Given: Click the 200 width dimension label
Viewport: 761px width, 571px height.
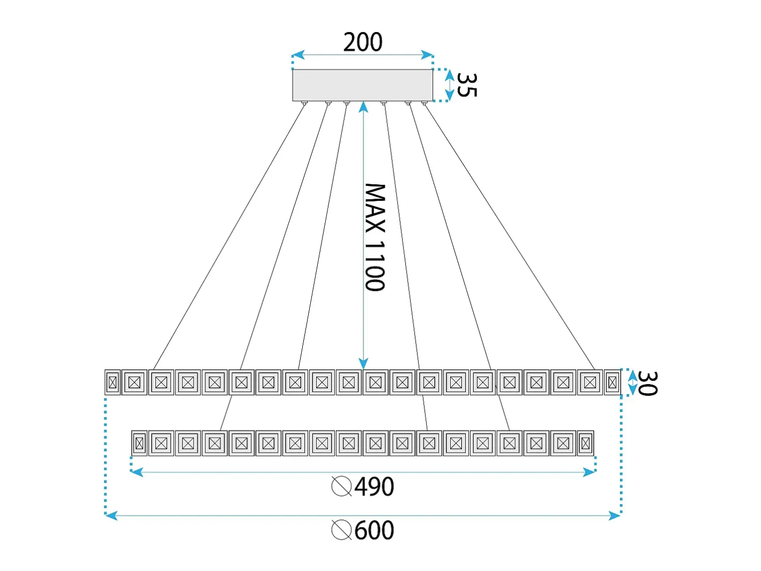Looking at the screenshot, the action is point(363,42).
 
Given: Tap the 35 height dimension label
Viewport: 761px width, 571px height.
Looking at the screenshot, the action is point(467,85).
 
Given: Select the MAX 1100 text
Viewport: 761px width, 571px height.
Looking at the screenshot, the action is point(375,237).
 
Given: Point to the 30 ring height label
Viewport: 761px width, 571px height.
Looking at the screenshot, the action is point(647,383).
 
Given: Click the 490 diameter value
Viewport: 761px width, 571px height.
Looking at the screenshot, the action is point(374,486).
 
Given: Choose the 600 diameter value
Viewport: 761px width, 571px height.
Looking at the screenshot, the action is point(374,530).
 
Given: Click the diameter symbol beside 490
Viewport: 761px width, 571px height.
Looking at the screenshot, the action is point(341,486).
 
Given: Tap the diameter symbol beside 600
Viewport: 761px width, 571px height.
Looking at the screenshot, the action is point(341,530).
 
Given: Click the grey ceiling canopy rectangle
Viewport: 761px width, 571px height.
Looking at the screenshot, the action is point(362,85).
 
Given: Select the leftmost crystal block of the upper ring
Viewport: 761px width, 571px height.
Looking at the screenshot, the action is point(113,382).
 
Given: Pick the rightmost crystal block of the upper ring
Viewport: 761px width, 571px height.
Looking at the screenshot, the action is point(612,382).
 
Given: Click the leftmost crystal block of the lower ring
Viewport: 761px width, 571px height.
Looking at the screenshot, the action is point(139,443).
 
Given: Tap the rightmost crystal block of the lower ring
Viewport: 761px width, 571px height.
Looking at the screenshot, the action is point(586,443).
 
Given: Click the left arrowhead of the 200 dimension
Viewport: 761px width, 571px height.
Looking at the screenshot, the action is point(298,55).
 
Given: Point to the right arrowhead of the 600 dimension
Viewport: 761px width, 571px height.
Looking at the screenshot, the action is point(614,516).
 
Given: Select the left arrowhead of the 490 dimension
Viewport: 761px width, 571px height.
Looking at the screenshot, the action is point(137,472).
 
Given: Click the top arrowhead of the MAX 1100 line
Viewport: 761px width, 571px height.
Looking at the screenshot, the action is point(363,108).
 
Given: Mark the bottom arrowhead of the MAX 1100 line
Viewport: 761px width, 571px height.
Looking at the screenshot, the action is point(363,364).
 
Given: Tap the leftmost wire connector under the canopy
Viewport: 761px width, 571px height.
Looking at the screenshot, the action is point(304,102).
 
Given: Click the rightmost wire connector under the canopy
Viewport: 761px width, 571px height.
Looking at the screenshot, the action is point(424,102).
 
